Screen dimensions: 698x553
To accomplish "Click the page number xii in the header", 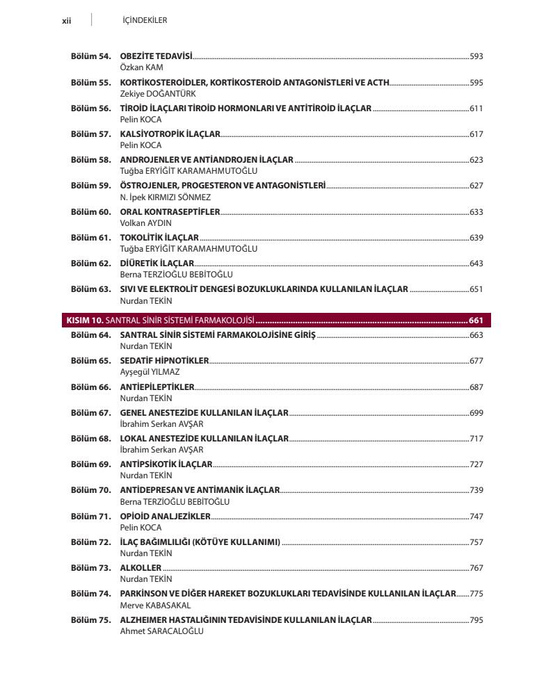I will tap(67, 20).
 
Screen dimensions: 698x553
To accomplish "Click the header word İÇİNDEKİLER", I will tap(144, 20).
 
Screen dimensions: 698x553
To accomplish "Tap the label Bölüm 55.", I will tap(90, 83).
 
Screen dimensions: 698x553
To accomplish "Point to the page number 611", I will tap(476, 108).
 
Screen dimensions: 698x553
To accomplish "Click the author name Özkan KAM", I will tap(142, 67).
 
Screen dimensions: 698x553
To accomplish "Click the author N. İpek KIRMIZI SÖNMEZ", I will tap(165, 197).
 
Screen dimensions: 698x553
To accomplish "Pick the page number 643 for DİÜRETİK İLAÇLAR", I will tap(476, 263).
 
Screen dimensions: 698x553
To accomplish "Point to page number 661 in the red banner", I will tap(476, 320).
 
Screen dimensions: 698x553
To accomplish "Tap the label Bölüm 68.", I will tap(90, 439).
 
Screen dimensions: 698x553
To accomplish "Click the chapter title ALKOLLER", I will tap(141, 568).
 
